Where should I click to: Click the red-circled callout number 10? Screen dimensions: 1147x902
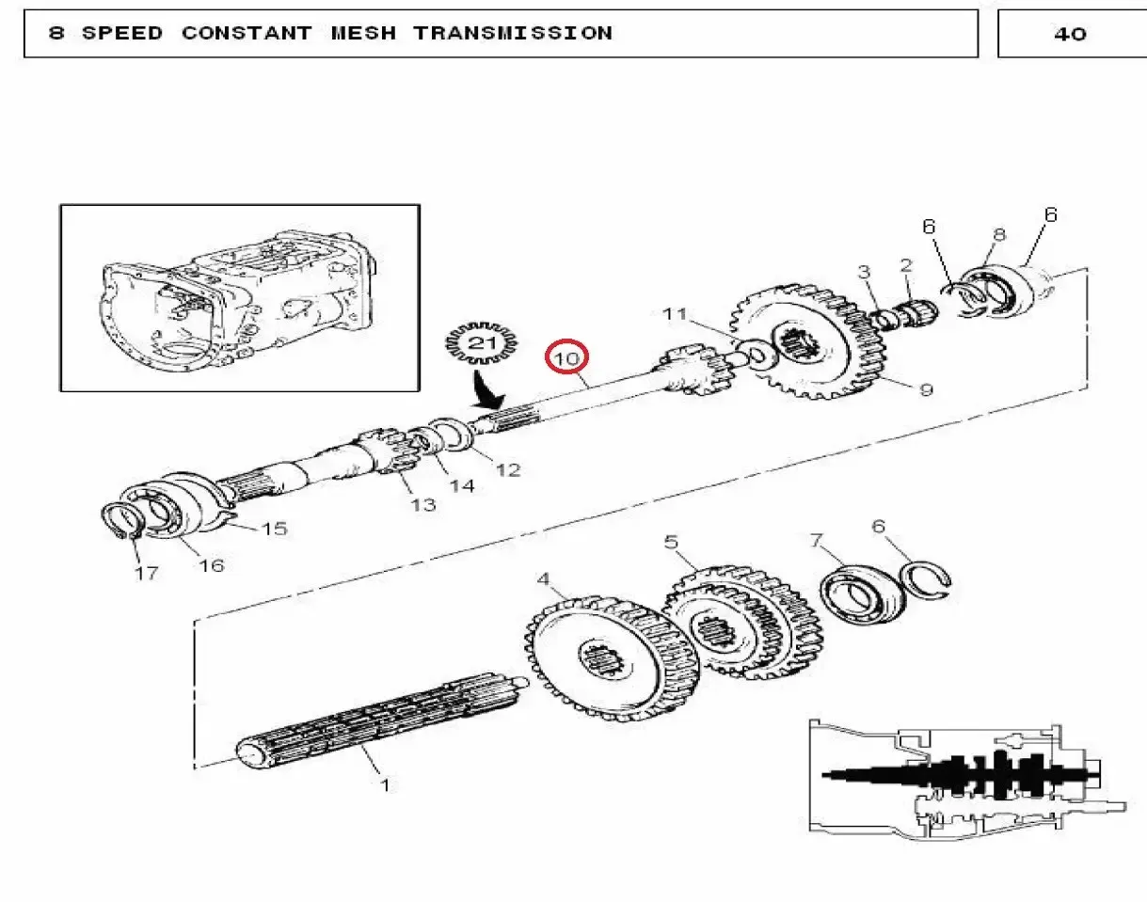566,358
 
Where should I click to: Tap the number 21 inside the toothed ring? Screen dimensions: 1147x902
483,342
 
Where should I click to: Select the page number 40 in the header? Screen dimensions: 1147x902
1070,35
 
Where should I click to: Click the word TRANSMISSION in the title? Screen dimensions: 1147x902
513,33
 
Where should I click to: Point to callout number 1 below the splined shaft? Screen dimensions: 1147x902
386,784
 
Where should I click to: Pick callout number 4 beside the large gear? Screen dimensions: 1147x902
543,578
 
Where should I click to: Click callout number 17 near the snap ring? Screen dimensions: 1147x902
147,574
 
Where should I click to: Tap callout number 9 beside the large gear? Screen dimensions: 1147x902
926,390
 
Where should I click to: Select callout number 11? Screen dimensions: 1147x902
675,313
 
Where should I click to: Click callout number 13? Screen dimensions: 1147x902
423,504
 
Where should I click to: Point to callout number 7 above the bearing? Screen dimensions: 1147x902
817,540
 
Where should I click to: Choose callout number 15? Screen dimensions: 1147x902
275,529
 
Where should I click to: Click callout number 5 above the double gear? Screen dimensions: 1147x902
671,542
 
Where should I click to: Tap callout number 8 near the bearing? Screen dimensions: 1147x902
999,234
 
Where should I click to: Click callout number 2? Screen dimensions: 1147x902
906,265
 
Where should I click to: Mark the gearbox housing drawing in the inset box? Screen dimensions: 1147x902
238,301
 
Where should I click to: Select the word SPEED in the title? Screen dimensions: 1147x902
122,33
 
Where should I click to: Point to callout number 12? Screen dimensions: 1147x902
508,470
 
